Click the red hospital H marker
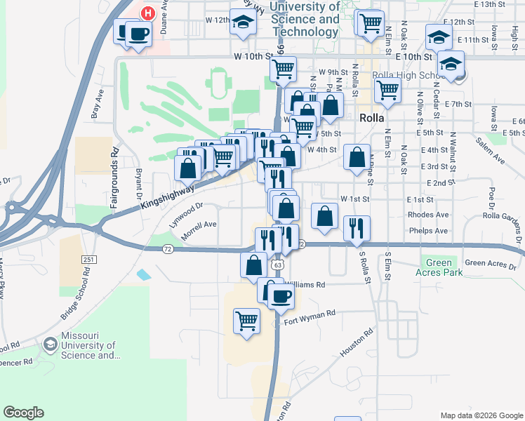click(148, 13)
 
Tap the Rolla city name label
click(371, 118)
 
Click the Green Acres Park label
click(439, 268)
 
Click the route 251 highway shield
click(88, 260)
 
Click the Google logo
click(23, 413)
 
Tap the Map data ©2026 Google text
click(481, 415)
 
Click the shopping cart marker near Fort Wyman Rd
click(246, 321)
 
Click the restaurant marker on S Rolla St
click(357, 227)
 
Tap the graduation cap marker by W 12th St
click(244, 23)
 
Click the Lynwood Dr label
click(185, 209)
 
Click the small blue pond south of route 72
click(143, 274)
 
